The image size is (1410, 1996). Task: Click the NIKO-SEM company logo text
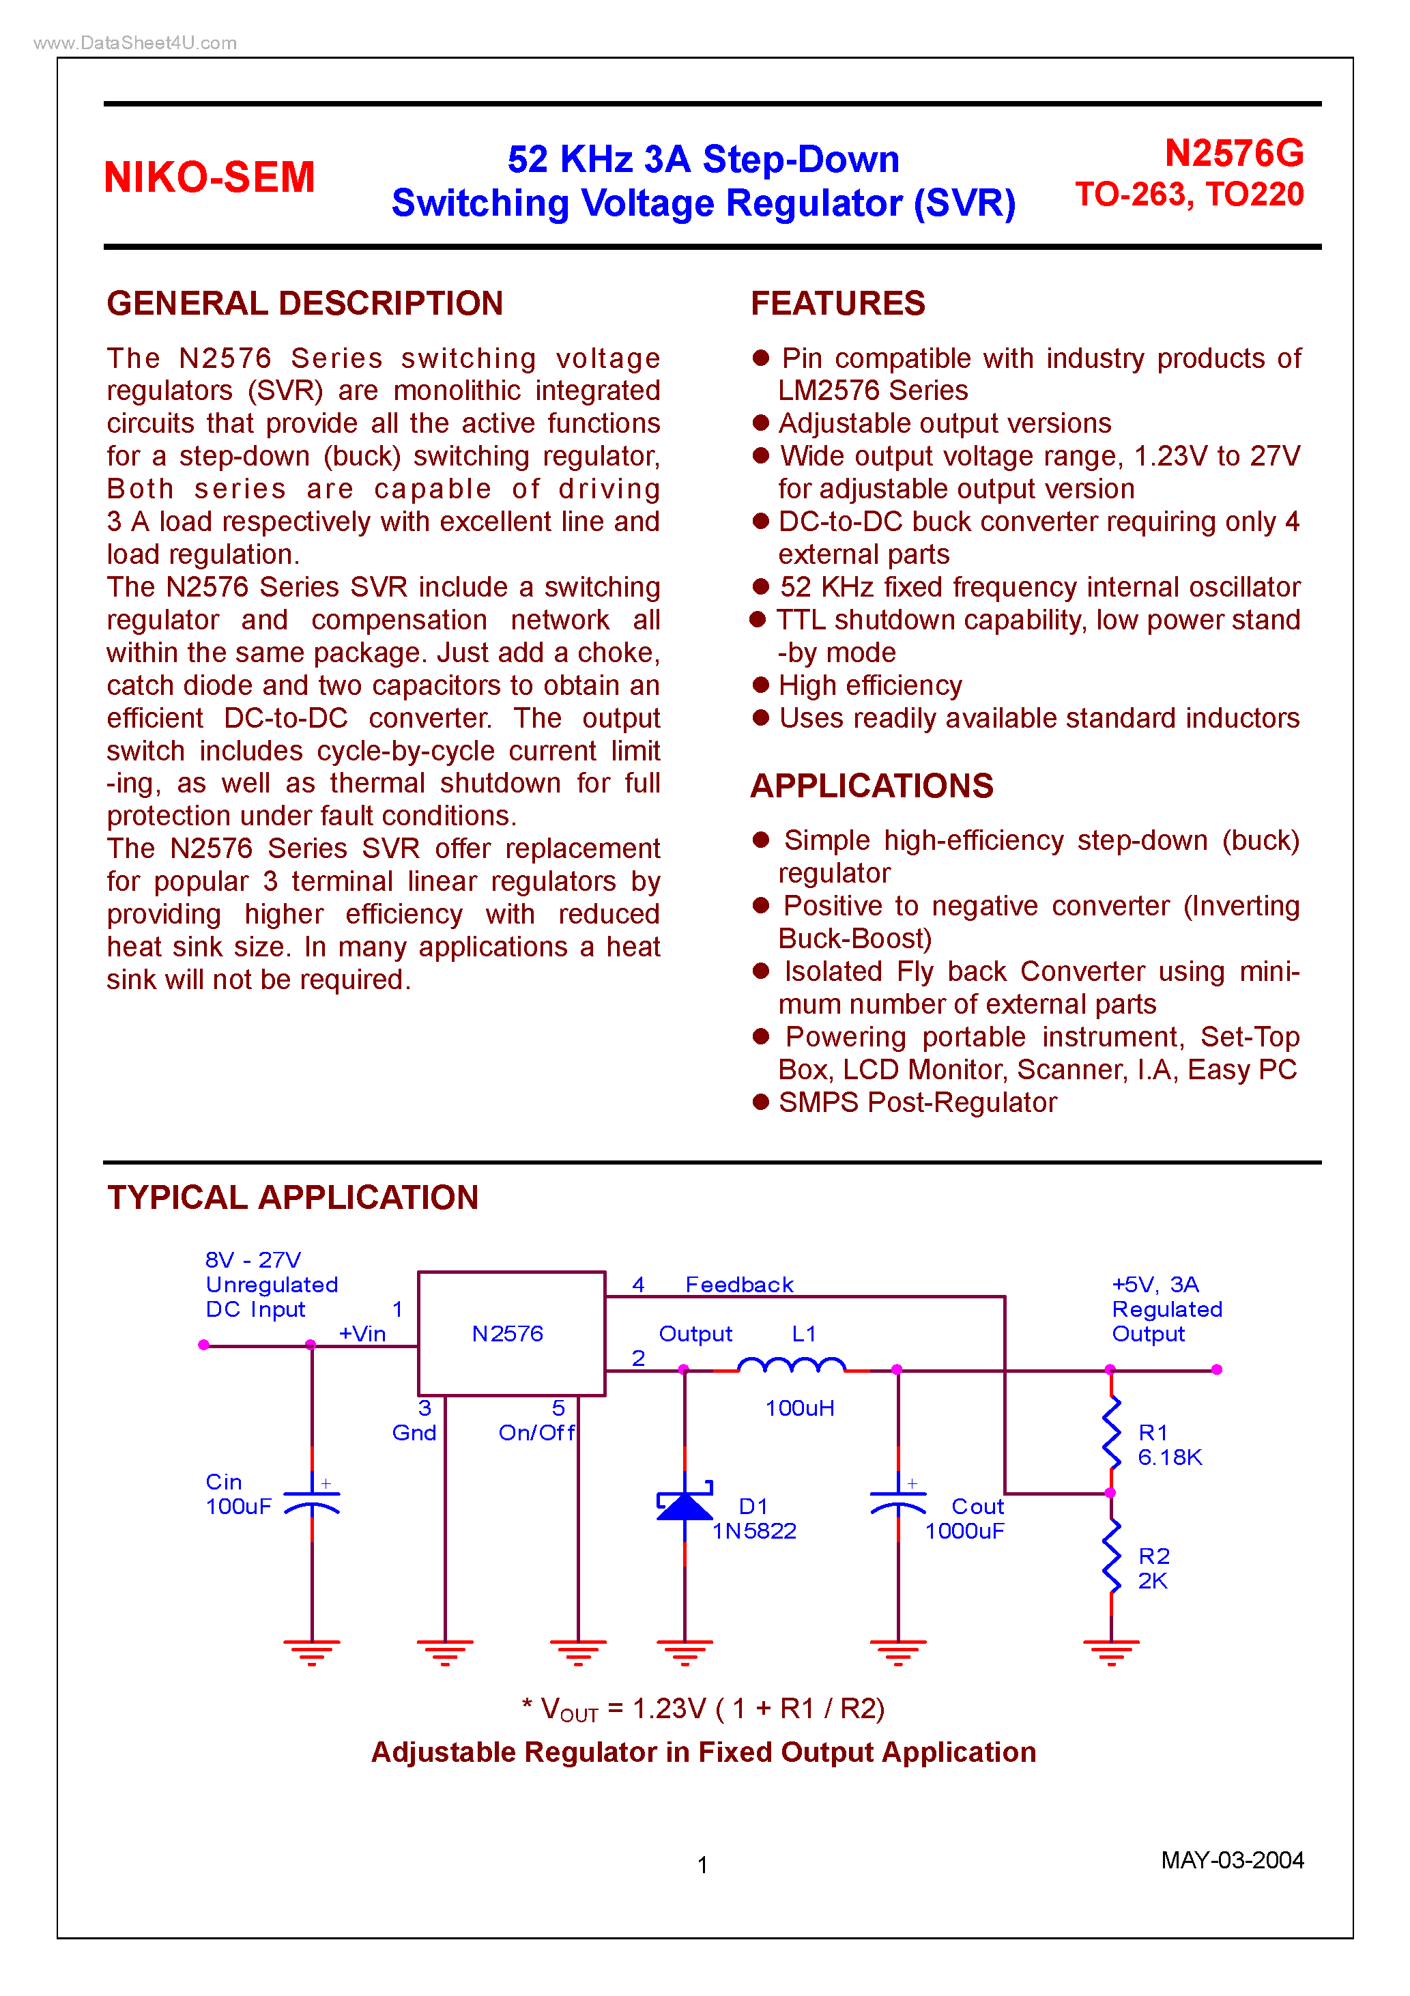(209, 177)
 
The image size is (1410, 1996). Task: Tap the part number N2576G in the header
(1233, 154)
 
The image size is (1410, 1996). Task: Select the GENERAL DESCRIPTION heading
(304, 303)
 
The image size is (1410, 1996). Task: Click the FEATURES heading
(837, 303)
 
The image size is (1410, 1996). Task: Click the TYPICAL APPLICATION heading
(292, 1197)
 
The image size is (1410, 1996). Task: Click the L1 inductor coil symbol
(791, 1367)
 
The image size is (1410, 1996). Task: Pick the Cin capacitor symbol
(312, 1500)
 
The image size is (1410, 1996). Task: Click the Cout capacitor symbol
(898, 1500)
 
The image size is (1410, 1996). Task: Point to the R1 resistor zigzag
(1111, 1431)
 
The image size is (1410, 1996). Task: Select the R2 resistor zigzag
(1111, 1556)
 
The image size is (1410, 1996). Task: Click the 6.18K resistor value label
(1169, 1458)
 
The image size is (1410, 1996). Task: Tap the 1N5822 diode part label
(753, 1531)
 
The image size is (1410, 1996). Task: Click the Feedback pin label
(739, 1285)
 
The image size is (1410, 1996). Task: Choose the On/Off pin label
(536, 1433)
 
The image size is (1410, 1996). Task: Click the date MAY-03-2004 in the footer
(1232, 1860)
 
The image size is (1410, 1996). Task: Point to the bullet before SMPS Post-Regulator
(761, 1102)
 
